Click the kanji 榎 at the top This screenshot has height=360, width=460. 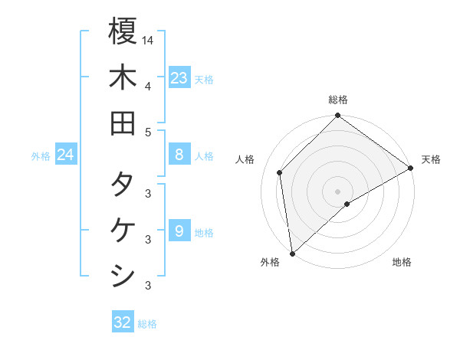(x=123, y=31)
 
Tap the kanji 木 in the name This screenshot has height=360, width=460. (x=123, y=77)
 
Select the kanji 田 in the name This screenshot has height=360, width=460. (x=123, y=123)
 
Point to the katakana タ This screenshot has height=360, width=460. (x=123, y=185)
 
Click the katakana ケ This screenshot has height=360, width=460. (x=123, y=231)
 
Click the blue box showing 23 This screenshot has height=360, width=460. (x=179, y=78)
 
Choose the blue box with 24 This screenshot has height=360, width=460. (x=65, y=155)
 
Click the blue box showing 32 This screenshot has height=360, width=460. (x=123, y=322)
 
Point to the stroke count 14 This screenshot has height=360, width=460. (x=148, y=39)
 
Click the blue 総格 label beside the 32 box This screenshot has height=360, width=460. (x=147, y=324)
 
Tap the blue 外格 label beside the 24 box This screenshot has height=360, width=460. (x=41, y=156)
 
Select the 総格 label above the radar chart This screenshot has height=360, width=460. (x=338, y=100)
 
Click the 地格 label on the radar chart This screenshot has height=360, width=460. (x=402, y=263)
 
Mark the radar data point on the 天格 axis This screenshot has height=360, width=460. (x=411, y=168)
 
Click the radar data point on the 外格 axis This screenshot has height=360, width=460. (x=292, y=254)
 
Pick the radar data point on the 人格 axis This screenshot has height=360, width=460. (x=280, y=172)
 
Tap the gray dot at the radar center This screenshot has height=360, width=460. (x=338, y=191)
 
